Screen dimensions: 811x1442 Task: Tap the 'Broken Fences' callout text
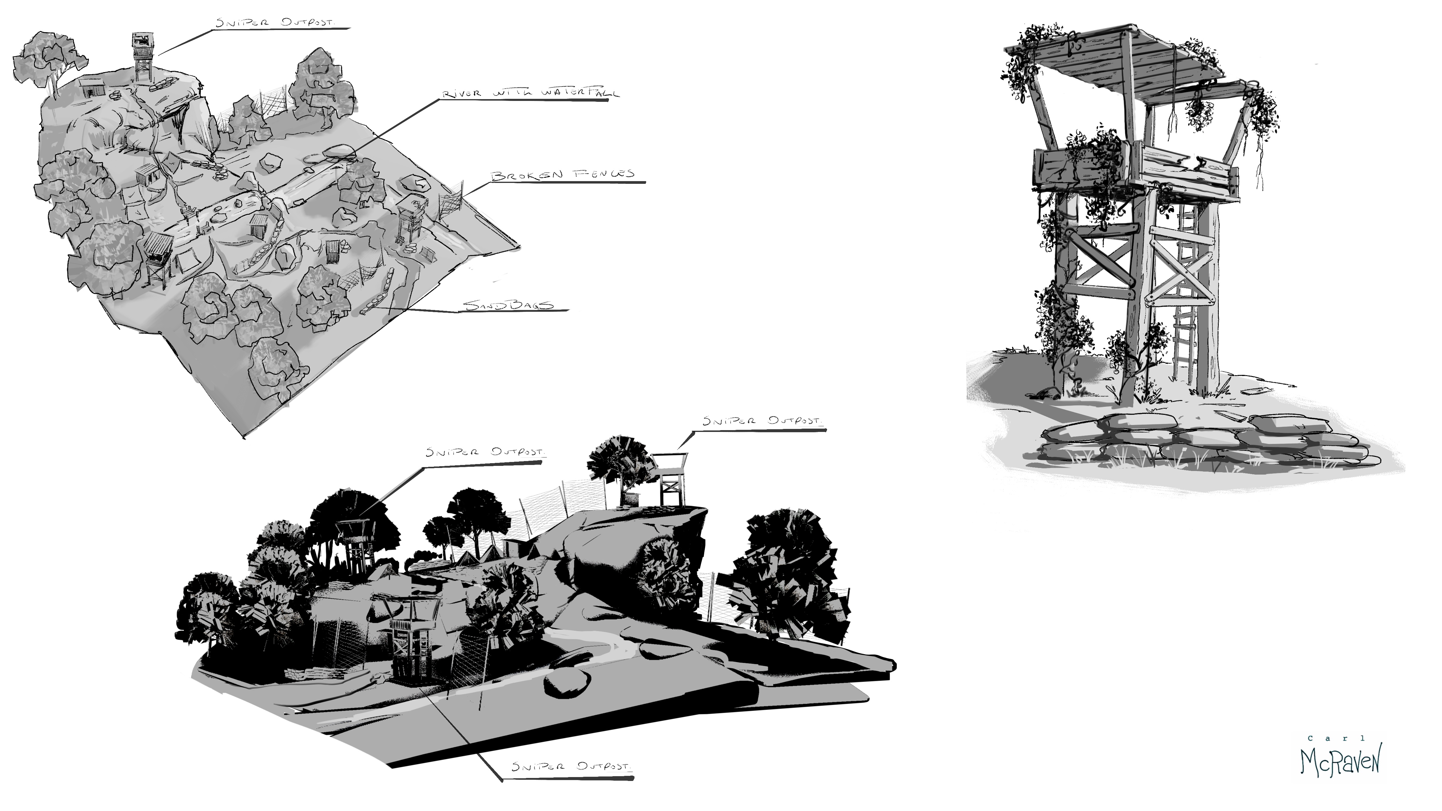[563, 175]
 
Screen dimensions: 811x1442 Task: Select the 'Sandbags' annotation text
[508, 305]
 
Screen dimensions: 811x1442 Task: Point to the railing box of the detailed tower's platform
[1131, 168]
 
